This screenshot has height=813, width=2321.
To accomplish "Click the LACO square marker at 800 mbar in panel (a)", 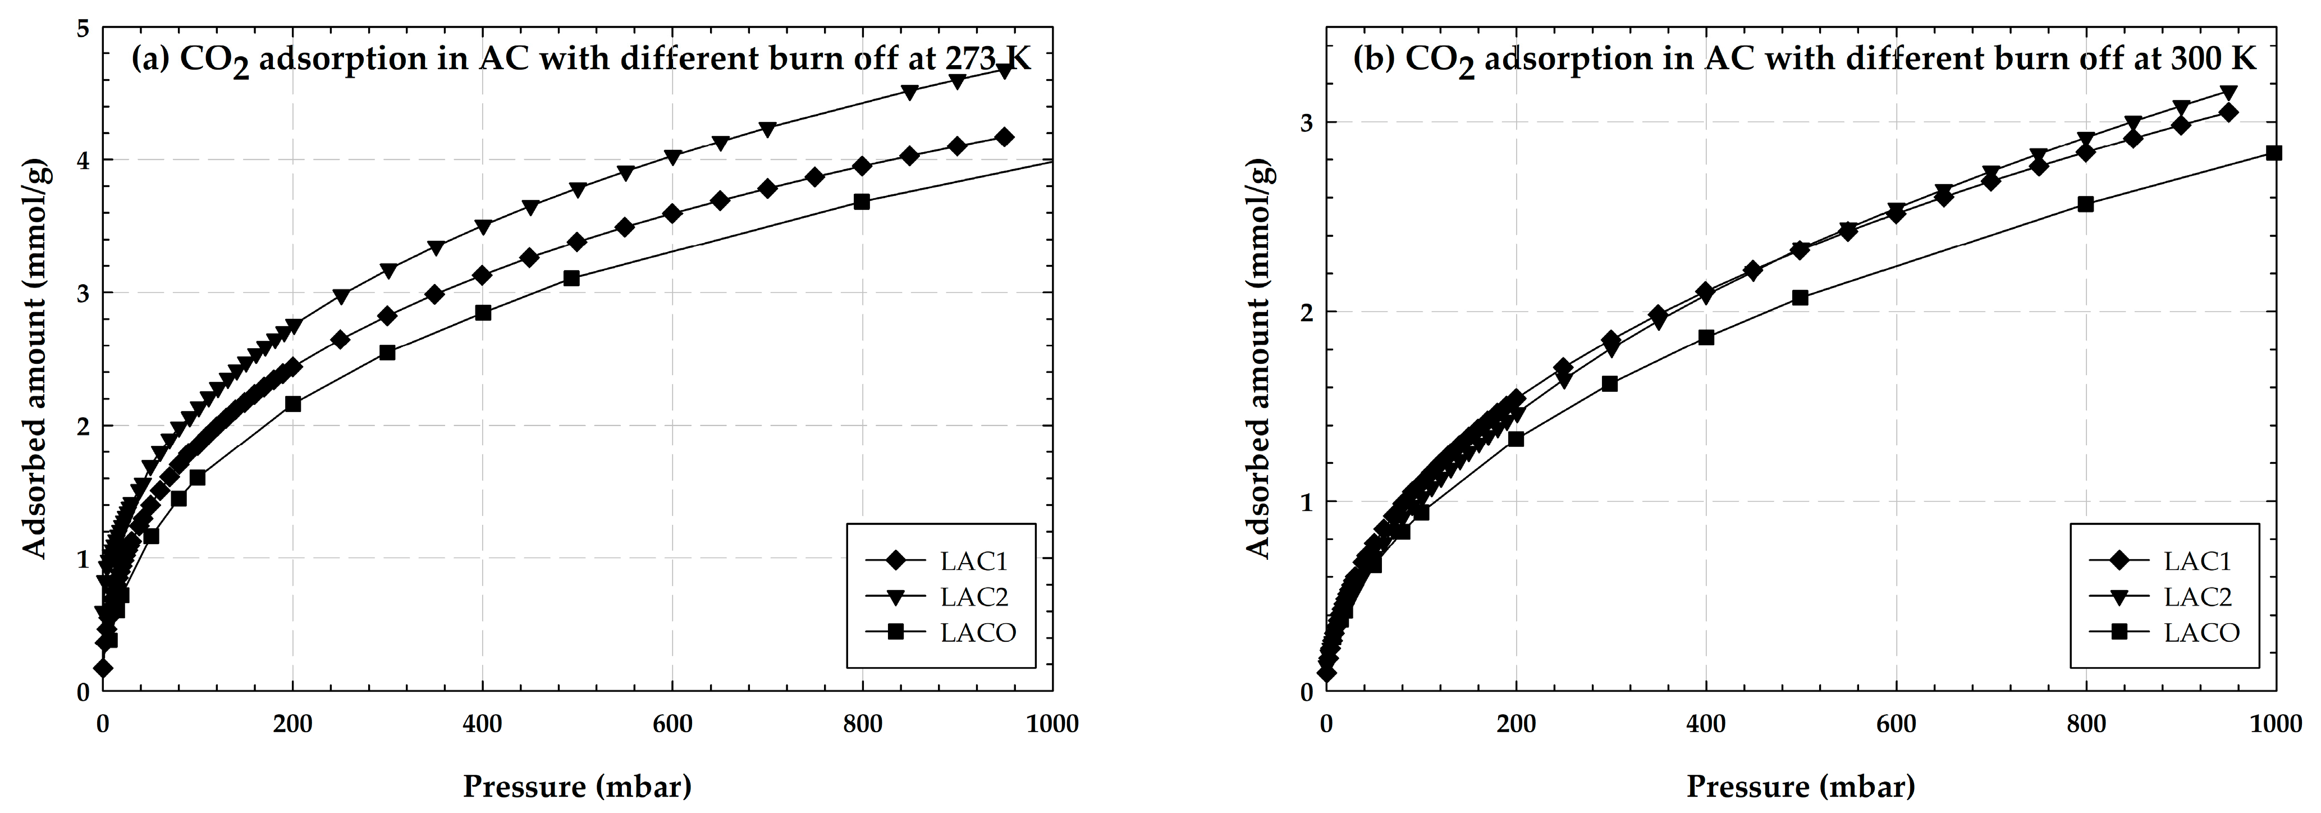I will (862, 202).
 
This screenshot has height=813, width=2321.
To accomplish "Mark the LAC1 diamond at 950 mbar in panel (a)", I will (1004, 137).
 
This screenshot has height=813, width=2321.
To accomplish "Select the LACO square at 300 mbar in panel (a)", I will (387, 353).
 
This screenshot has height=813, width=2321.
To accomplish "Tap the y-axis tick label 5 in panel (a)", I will (83, 28).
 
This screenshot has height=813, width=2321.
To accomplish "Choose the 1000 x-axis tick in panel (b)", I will (2274, 724).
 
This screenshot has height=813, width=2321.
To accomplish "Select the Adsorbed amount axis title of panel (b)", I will (1260, 360).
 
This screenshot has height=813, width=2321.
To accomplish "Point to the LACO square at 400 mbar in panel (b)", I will (1706, 337).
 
